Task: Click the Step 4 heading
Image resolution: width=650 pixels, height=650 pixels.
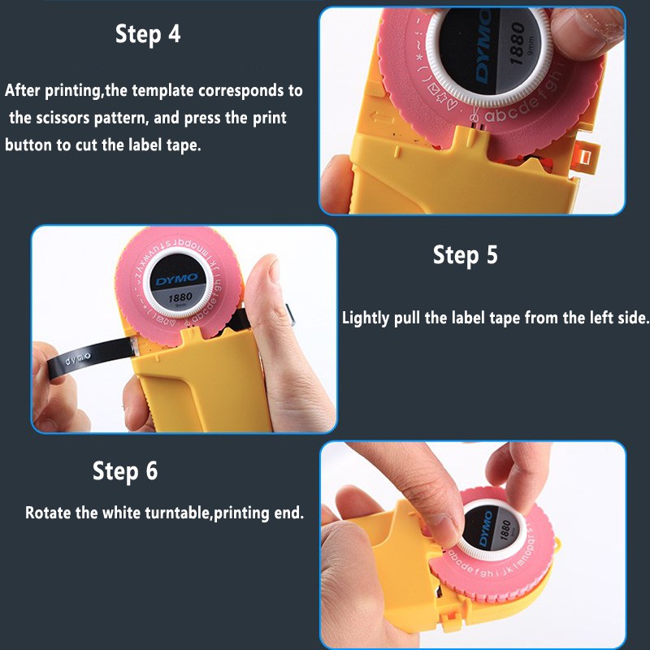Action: click(148, 34)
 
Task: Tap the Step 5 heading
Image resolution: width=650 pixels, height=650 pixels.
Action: click(465, 254)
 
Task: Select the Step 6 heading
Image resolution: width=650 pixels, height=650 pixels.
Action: click(125, 471)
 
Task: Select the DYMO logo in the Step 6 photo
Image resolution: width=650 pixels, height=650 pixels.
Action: click(485, 529)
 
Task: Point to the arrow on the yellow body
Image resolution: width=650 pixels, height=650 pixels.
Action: click(383, 117)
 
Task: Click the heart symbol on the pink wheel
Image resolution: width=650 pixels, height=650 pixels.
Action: click(454, 104)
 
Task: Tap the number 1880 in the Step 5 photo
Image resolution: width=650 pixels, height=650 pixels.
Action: click(180, 297)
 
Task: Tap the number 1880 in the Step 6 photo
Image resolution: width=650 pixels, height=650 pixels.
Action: click(505, 531)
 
